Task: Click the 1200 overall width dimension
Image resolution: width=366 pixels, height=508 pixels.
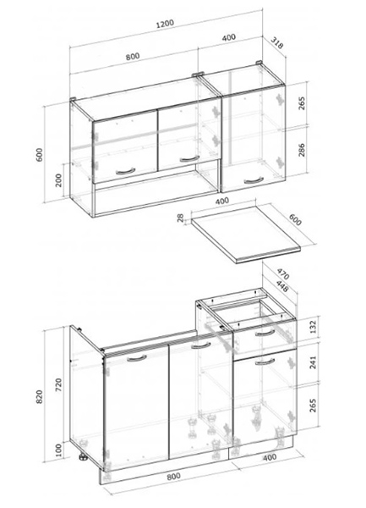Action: pyautogui.click(x=165, y=24)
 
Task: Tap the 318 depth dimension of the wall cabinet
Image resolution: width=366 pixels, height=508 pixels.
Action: pyautogui.click(x=276, y=43)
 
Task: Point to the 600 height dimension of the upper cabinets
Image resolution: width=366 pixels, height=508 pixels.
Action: pyautogui.click(x=39, y=155)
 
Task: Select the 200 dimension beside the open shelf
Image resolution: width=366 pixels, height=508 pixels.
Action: pyautogui.click(x=58, y=180)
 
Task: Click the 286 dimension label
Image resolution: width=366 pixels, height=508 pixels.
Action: pyautogui.click(x=301, y=150)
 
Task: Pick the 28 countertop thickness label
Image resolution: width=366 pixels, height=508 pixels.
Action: pyautogui.click(x=180, y=218)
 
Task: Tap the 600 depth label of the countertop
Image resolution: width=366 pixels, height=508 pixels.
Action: pyautogui.click(x=294, y=219)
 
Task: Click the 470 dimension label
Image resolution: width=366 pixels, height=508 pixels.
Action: pyautogui.click(x=283, y=274)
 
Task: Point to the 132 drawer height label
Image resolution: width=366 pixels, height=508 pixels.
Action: pyautogui.click(x=313, y=327)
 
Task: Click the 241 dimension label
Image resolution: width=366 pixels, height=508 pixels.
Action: pyautogui.click(x=313, y=362)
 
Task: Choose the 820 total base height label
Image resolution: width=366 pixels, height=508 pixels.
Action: pyautogui.click(x=39, y=396)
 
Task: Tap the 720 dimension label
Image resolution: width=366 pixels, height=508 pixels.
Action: pyautogui.click(x=58, y=385)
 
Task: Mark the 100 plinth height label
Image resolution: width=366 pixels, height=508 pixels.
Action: pyautogui.click(x=58, y=450)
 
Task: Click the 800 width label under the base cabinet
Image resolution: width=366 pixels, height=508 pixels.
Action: pyautogui.click(x=173, y=476)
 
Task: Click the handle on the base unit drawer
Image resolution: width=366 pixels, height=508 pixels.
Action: pyautogui.click(x=265, y=334)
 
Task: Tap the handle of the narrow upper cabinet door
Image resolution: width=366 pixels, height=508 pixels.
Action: pyautogui.click(x=254, y=180)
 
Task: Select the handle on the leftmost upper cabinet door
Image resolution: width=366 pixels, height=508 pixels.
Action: pyautogui.click(x=125, y=171)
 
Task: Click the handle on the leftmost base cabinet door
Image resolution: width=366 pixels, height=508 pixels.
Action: pyautogui.click(x=137, y=358)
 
